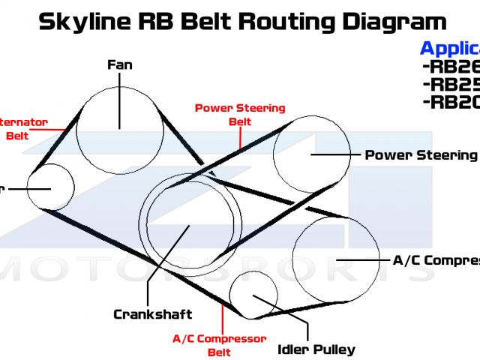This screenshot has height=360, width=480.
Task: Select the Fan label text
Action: (x=120, y=64)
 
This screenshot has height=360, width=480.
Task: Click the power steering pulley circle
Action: (x=310, y=154)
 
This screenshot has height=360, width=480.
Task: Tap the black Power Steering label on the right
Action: (x=420, y=155)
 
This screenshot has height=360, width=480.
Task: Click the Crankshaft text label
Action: (x=153, y=314)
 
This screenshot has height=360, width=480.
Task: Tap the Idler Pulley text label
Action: (x=316, y=349)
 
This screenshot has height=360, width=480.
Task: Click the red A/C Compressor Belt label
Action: (x=220, y=345)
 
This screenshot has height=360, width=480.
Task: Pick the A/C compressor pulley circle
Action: (x=336, y=259)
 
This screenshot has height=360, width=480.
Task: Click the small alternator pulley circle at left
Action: (x=50, y=187)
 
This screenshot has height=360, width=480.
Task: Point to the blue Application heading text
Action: (x=448, y=49)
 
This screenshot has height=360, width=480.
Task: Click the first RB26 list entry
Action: (x=450, y=67)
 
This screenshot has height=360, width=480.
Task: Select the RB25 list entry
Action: (x=450, y=84)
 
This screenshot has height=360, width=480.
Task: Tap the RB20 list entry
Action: (x=450, y=102)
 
